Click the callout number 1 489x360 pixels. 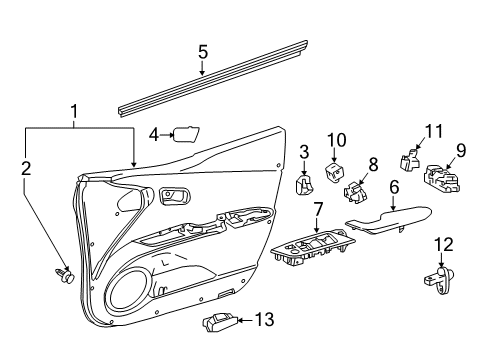pyautogui.click(x=72, y=111)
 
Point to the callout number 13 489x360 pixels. pyautogui.click(x=264, y=320)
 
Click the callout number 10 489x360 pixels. pyautogui.click(x=337, y=139)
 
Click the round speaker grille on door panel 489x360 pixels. pyautogui.click(x=128, y=294)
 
